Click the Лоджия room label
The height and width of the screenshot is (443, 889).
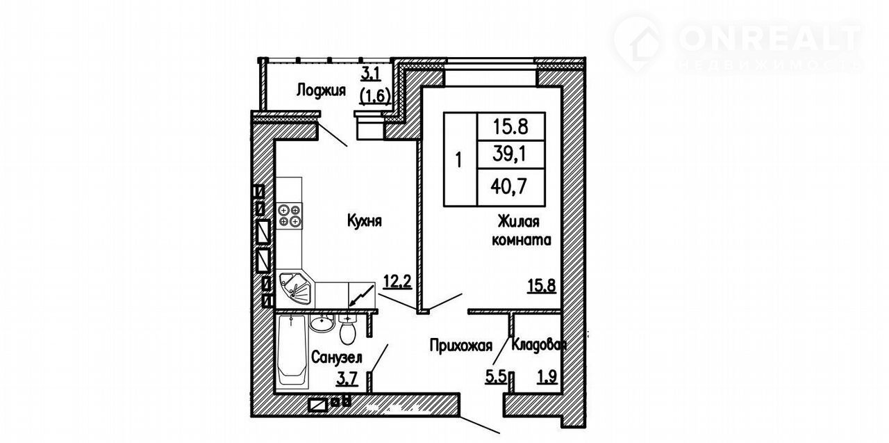point(321,90)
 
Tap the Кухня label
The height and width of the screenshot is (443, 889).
point(365,220)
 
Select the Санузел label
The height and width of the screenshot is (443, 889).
point(337,357)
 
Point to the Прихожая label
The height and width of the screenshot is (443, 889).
point(460,346)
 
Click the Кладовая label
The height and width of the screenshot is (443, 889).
point(538,345)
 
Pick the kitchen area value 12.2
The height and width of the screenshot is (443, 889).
point(397,282)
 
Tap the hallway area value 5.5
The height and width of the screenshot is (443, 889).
point(496,376)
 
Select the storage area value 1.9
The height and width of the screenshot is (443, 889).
point(547,376)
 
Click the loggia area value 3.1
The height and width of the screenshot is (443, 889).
point(371,74)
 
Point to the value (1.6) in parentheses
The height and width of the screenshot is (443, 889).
point(374,96)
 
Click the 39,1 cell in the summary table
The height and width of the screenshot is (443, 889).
point(510,154)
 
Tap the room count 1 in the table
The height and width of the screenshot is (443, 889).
point(460,160)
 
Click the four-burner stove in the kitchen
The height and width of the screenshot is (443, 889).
point(290,216)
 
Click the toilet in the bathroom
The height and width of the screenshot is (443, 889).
point(348,328)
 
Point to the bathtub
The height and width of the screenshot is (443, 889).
point(292,350)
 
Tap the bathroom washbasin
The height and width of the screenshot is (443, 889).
point(322,323)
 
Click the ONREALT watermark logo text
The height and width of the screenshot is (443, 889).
point(770,38)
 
